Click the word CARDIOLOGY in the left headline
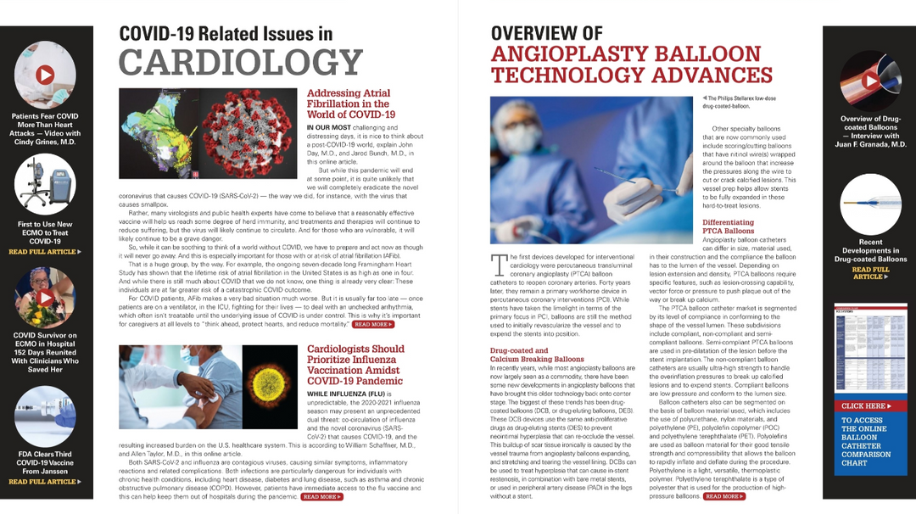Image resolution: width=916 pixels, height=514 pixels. coord(241,62)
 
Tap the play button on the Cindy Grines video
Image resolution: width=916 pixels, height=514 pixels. coord(46,75)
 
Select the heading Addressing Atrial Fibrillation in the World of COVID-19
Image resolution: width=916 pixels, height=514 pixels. coord(349,103)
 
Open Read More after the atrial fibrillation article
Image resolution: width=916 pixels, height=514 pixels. coord(373,324)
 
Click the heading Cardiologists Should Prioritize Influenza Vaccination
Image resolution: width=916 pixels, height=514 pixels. coord(355,365)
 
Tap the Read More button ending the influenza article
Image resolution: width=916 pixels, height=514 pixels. coord(322,497)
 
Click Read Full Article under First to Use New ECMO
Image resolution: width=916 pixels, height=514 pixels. coord(45,252)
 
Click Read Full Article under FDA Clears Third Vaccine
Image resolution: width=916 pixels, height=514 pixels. coord(45,482)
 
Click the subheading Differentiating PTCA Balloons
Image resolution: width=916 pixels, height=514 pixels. coord(728,226)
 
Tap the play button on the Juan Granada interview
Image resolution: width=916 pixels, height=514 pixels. coord(869,81)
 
